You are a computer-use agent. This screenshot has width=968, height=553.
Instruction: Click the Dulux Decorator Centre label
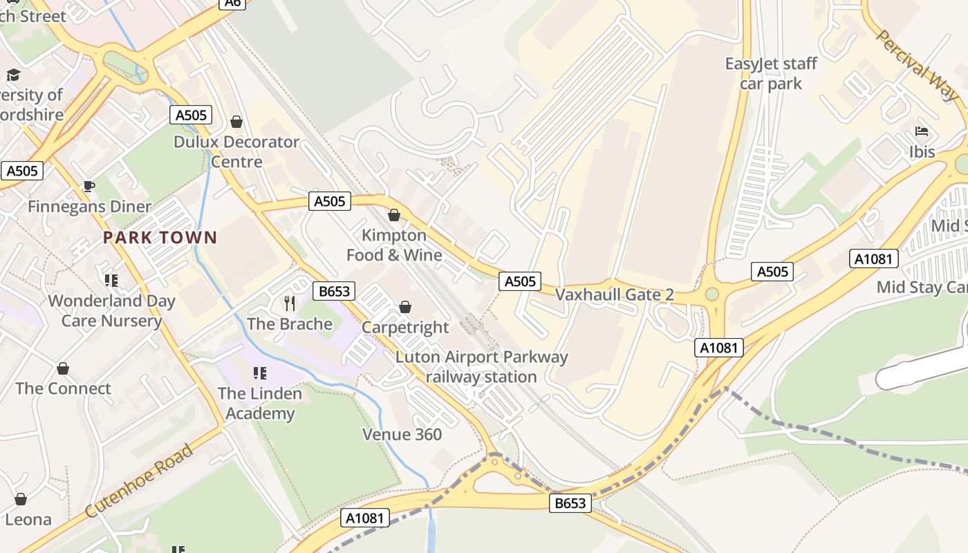236,152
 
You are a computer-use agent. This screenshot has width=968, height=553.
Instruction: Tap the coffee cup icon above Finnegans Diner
89,186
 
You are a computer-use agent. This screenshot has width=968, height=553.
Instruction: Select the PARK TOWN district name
160,238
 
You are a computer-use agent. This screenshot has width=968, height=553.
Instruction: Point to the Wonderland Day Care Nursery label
111,311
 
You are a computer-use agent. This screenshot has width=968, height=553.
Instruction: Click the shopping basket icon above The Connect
63,368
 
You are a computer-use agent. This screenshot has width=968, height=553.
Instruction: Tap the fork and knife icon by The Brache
290,303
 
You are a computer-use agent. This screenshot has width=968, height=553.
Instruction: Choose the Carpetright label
405,327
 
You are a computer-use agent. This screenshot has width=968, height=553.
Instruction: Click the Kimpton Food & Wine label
394,245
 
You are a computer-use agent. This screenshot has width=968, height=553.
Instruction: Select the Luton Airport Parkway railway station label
481,367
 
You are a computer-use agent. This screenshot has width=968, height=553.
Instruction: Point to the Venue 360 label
402,435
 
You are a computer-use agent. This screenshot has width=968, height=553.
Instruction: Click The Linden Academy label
260,404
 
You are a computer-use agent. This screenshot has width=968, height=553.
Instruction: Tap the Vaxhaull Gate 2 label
614,295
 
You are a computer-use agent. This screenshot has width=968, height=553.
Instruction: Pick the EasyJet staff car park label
771,74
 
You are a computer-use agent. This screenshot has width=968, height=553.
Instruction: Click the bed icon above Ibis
922,131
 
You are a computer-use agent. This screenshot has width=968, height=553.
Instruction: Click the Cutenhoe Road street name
139,482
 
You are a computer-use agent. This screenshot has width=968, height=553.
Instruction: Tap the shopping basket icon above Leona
21,499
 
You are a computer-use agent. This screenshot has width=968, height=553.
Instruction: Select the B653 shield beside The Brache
333,291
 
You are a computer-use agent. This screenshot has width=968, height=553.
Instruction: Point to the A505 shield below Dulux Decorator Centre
329,201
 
